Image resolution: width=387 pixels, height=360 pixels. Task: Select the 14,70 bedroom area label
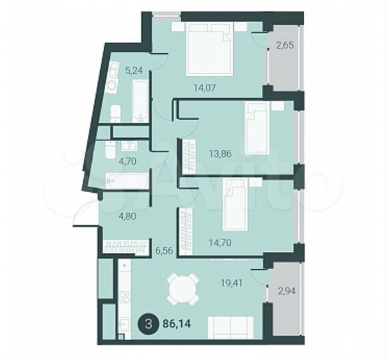click(203, 226)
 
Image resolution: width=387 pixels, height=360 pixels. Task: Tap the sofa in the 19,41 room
click(230, 327)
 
